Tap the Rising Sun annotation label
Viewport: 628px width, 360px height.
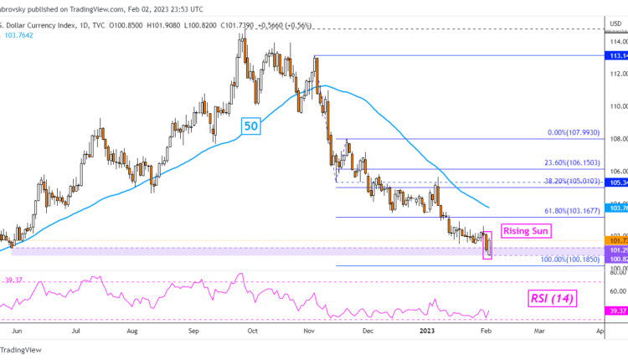click(x=524, y=229)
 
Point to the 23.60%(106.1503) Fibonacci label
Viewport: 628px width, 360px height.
click(x=570, y=162)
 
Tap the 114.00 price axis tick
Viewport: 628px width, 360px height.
click(x=617, y=41)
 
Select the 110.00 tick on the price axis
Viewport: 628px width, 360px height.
click(x=617, y=106)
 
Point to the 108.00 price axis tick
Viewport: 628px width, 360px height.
click(x=617, y=139)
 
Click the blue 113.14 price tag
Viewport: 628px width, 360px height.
click(x=618, y=56)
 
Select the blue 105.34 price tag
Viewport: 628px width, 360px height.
click(x=618, y=182)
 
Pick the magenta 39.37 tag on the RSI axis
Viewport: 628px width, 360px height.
click(x=618, y=311)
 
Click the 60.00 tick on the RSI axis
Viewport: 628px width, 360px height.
click(x=618, y=291)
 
